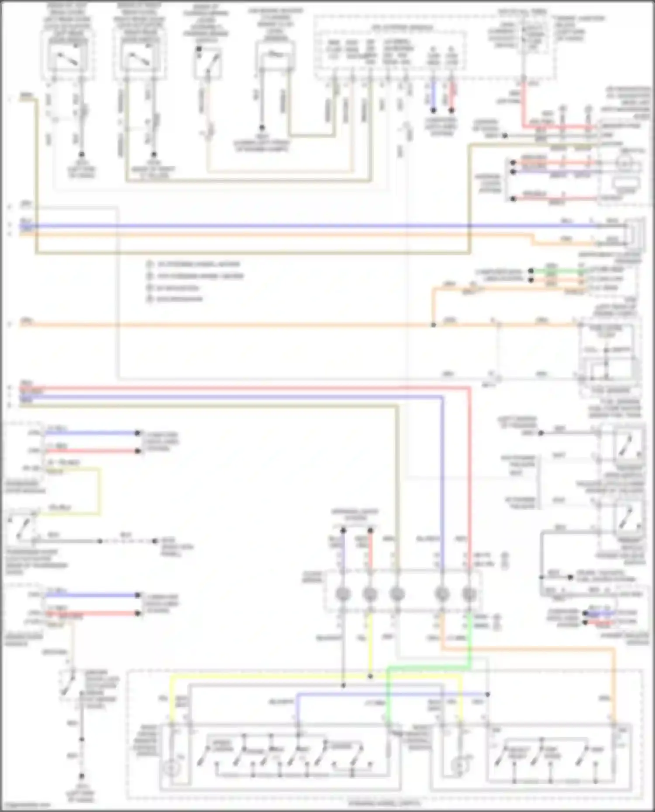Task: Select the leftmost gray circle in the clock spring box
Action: [x=343, y=594]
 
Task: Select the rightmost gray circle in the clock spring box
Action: [x=469, y=594]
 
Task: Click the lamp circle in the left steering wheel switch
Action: [x=171, y=767]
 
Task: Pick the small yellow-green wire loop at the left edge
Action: [x=99, y=491]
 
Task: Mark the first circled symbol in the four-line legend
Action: [x=150, y=264]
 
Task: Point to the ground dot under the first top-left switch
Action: [x=81, y=154]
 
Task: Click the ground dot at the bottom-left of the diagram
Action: [x=81, y=777]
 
